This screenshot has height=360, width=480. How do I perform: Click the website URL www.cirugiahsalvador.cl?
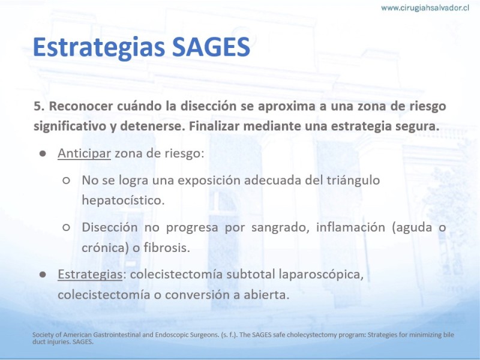(425, 8)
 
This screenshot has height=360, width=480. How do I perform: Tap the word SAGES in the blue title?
(211, 47)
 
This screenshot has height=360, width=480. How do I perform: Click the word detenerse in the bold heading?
(152, 126)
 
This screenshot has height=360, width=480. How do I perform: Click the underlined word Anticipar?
(84, 154)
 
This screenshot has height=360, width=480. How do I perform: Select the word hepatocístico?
(123, 200)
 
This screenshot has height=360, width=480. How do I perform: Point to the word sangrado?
(280, 227)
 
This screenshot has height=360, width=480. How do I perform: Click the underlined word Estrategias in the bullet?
(90, 274)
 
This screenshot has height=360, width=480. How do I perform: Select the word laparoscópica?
(321, 275)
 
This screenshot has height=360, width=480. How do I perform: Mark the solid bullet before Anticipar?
(43, 154)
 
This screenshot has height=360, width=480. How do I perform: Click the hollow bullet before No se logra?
(66, 181)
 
